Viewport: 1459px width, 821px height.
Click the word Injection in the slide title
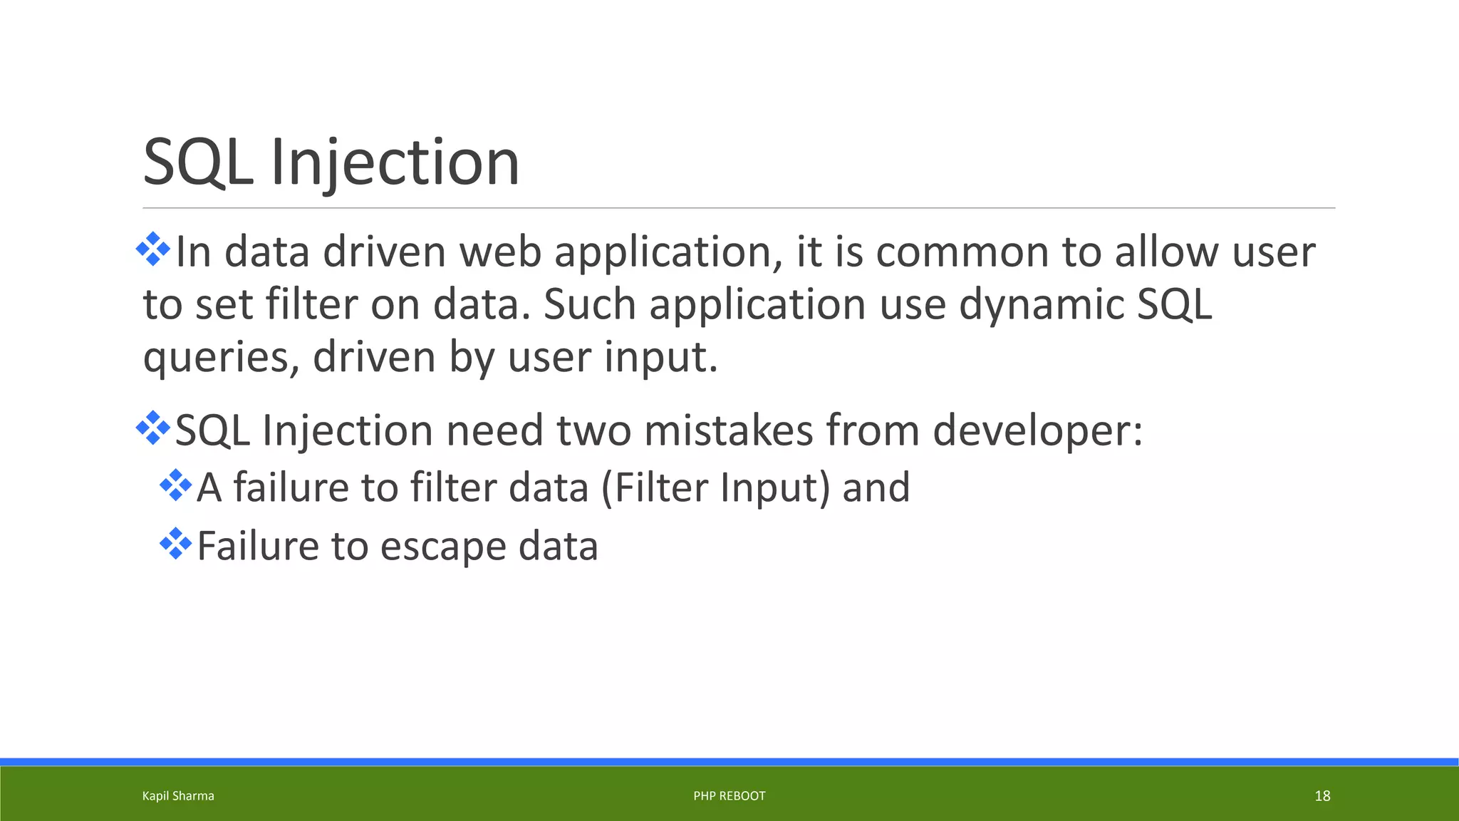tap(395, 162)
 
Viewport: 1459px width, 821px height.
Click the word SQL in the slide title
tap(198, 162)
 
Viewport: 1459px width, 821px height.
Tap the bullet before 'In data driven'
tap(153, 249)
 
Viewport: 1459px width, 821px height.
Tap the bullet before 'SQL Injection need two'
tap(153, 428)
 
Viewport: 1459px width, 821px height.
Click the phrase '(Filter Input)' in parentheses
tap(715, 488)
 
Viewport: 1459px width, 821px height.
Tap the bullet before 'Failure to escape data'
tap(176, 544)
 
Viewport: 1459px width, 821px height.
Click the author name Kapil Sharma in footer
tap(178, 796)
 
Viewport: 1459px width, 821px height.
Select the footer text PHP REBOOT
tap(729, 796)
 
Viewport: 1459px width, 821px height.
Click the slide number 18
tap(1322, 796)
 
